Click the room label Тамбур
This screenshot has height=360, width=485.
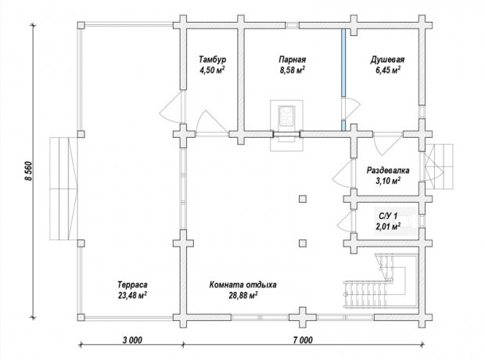212,59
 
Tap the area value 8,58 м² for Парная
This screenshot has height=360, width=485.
293,70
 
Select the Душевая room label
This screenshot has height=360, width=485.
387,59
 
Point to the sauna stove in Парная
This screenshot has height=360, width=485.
286,116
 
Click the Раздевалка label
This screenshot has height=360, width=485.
388,171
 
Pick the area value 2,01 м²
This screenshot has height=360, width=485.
388,227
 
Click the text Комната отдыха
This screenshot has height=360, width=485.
243,284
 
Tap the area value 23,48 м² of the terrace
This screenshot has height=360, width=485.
132,295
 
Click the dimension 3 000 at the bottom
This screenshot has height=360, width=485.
132,340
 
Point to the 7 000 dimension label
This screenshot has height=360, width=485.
303,340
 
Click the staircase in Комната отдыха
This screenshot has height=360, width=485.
381,280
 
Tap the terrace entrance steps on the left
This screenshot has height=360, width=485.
63,189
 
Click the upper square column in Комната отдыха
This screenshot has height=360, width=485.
303,199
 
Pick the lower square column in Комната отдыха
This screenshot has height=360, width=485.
303,243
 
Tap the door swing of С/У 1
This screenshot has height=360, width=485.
344,221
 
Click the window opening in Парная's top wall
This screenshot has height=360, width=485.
292,25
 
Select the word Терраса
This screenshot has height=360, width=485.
132,284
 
